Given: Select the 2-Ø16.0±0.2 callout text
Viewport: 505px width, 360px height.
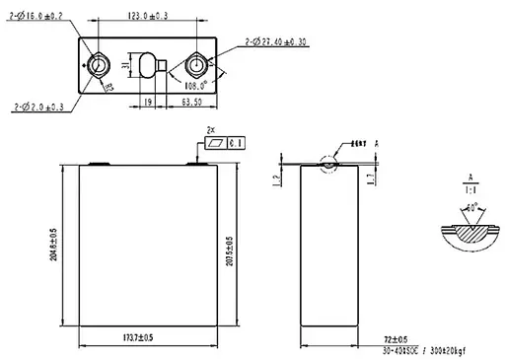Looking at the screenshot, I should pos(38,17).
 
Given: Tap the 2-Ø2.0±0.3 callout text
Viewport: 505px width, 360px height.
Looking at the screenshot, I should pos(40,105).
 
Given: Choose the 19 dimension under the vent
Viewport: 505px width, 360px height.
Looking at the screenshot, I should pos(145,101).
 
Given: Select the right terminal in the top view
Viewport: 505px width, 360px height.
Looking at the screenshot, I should pos(196,65).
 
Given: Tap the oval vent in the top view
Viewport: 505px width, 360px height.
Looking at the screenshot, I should pos(151,65).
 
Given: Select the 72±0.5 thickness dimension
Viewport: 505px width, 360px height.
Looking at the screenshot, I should pos(395,340).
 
